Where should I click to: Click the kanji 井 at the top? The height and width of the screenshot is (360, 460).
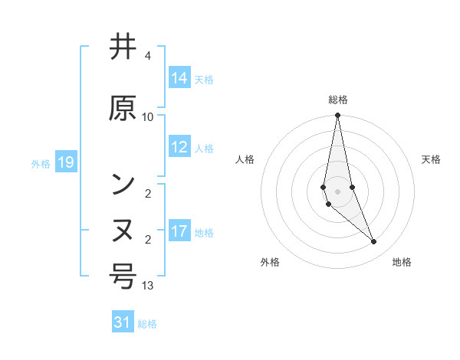coord(123,47)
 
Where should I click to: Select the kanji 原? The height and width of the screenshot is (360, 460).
coord(123,108)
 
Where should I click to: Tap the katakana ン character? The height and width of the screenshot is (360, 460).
coord(123,185)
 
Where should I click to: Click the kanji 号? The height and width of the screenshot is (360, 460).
coord(123,277)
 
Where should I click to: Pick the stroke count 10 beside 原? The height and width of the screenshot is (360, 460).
coord(148,116)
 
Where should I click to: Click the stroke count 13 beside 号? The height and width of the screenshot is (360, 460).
coord(148,286)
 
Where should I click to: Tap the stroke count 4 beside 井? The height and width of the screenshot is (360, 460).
coord(148,56)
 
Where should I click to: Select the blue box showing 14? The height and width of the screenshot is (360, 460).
coord(179,78)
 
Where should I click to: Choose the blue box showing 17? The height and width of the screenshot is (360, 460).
coord(179,231)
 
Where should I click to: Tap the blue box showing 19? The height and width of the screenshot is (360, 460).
coord(65,162)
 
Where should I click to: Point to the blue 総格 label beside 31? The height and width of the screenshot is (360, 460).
coord(147,324)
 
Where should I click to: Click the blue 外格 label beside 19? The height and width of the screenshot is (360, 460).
coord(41,163)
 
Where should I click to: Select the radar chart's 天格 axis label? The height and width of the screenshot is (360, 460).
coord(432,159)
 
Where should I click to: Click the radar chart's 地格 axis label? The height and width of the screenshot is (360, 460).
coord(402,262)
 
